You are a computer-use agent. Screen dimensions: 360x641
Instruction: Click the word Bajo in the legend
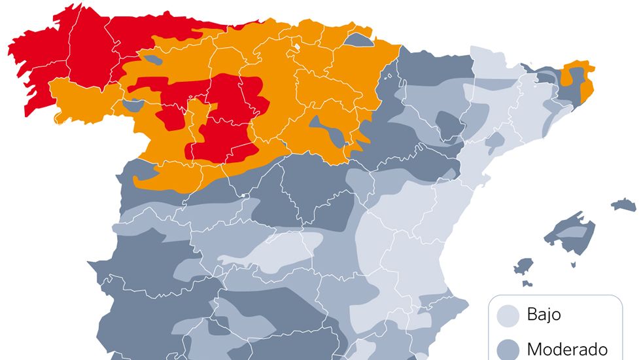(x=544, y=315)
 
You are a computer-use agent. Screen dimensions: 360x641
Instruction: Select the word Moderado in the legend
(x=566, y=349)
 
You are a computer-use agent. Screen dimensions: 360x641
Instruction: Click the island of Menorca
(x=624, y=205)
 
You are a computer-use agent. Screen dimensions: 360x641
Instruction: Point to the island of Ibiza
(x=523, y=266)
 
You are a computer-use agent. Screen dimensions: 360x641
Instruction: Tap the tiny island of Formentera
(x=527, y=284)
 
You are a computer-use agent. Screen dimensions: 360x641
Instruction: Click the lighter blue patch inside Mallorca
(x=570, y=232)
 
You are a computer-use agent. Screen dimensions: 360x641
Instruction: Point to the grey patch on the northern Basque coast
(x=358, y=40)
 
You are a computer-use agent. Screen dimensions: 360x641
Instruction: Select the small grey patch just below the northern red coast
(x=153, y=60)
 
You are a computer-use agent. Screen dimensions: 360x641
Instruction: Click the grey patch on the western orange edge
(x=133, y=105)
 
